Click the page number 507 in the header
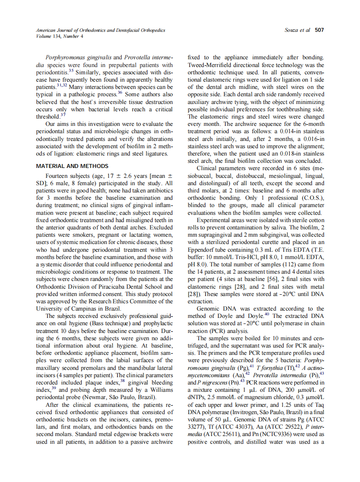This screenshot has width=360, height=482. [319, 30]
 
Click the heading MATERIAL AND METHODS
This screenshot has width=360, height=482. [72, 166]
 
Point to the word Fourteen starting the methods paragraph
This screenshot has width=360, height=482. [58, 176]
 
